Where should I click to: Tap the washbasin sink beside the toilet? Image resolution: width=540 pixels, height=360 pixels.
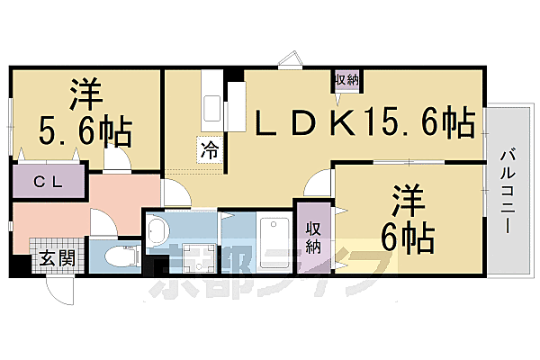coord(157,231)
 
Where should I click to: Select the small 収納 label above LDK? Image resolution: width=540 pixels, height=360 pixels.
coord(347,80)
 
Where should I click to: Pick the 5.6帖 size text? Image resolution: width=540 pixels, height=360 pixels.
coord(85,133)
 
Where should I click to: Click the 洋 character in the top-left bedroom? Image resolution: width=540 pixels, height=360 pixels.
coord(85,93)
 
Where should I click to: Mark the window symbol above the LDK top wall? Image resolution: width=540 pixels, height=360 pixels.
coord(291,60)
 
